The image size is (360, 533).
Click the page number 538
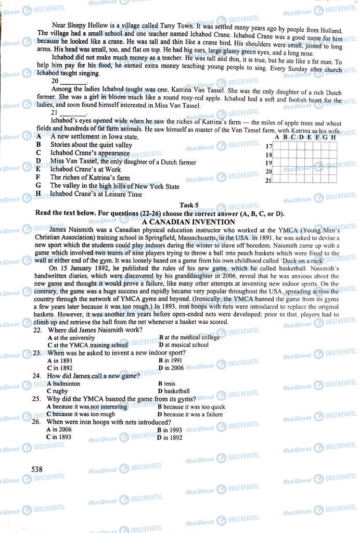[36, 469]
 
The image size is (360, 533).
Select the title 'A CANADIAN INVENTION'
[188, 222]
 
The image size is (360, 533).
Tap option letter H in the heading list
[38, 194]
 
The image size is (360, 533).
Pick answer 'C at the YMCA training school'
[87, 345]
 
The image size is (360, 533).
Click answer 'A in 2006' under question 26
[59, 429]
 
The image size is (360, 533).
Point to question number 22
[37, 330]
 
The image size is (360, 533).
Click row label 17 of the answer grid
[269, 147]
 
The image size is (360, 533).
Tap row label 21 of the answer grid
[269, 181]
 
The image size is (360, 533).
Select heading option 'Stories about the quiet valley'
[91, 145]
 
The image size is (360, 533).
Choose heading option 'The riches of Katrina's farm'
[89, 177]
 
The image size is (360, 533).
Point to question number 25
[37, 399]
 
